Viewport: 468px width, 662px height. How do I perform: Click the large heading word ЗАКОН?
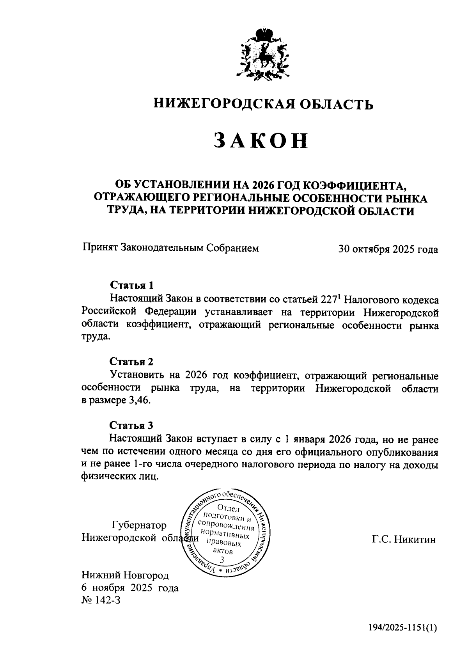(x=261, y=141)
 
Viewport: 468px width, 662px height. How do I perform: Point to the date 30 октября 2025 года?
(x=388, y=249)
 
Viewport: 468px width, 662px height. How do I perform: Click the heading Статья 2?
(x=131, y=361)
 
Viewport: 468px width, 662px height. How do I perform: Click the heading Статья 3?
(x=131, y=425)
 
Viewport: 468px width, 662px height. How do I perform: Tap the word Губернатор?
(x=139, y=525)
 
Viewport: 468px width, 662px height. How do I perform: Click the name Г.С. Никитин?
(x=404, y=540)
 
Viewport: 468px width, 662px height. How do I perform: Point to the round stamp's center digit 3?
(x=223, y=560)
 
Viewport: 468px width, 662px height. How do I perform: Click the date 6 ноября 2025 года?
(x=130, y=588)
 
